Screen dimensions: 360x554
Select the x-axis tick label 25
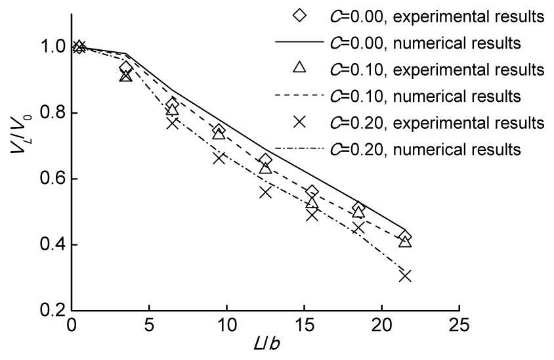pyautogui.click(x=458, y=326)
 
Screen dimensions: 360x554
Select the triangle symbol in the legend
pyautogui.click(x=299, y=67)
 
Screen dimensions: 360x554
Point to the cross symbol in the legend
pyautogui.click(x=299, y=122)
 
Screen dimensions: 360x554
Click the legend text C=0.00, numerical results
pyautogui.click(x=434, y=43)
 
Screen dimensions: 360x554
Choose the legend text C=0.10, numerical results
pyautogui.click(x=434, y=96)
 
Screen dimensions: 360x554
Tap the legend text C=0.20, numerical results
pyautogui.click(x=434, y=149)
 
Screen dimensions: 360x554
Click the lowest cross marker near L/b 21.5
pyautogui.click(x=405, y=275)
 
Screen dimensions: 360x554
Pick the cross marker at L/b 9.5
pyautogui.click(x=219, y=158)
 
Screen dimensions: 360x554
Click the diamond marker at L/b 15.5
pyautogui.click(x=312, y=191)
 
